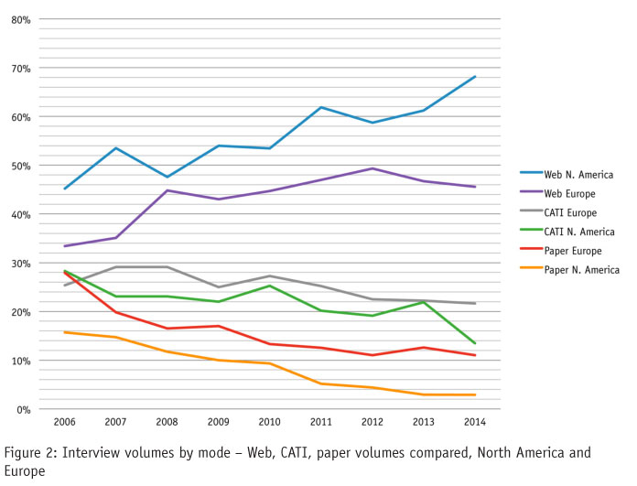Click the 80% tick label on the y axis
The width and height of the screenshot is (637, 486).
click(20, 19)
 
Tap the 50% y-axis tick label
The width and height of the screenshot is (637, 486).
click(20, 166)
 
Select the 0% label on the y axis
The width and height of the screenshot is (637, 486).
click(24, 409)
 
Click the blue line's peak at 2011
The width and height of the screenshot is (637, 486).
click(320, 107)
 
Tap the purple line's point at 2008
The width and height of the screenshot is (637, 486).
click(167, 190)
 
